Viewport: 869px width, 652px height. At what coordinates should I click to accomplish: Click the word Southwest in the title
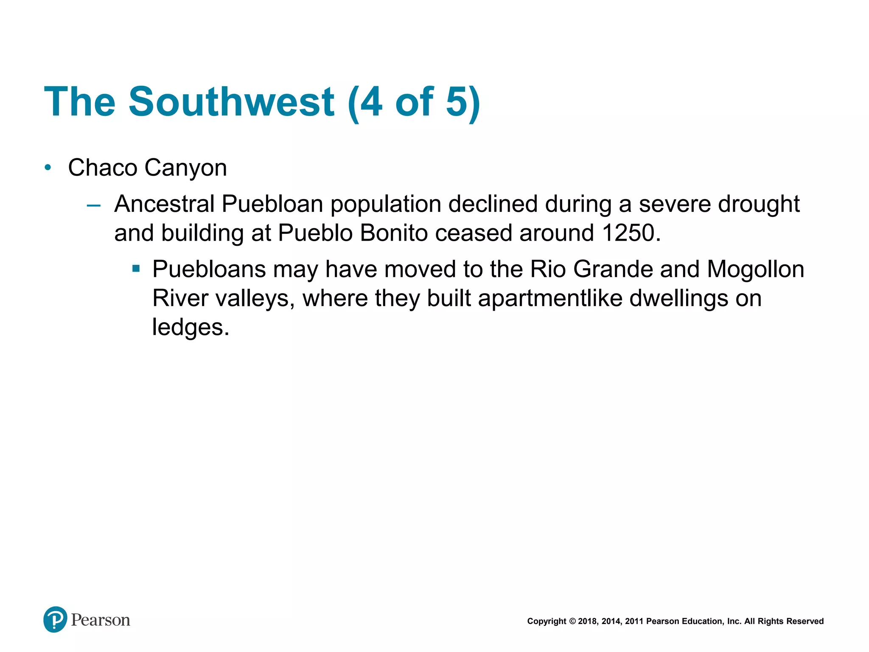click(x=231, y=102)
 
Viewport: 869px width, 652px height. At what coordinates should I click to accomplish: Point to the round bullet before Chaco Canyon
click(x=48, y=168)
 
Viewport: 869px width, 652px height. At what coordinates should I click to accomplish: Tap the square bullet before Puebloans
click(x=136, y=268)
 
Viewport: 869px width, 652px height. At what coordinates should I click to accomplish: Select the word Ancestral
click(x=164, y=204)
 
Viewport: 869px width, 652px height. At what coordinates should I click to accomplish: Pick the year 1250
click(x=631, y=233)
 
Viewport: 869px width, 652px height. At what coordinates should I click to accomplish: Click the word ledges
click(x=191, y=328)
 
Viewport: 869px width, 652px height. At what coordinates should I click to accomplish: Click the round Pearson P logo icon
click(x=55, y=619)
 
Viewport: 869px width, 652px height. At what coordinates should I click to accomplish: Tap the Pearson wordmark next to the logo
click(x=101, y=620)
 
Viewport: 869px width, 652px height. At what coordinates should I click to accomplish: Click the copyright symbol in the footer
click(x=572, y=621)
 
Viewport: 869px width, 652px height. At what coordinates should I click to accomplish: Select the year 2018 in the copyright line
click(x=587, y=621)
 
